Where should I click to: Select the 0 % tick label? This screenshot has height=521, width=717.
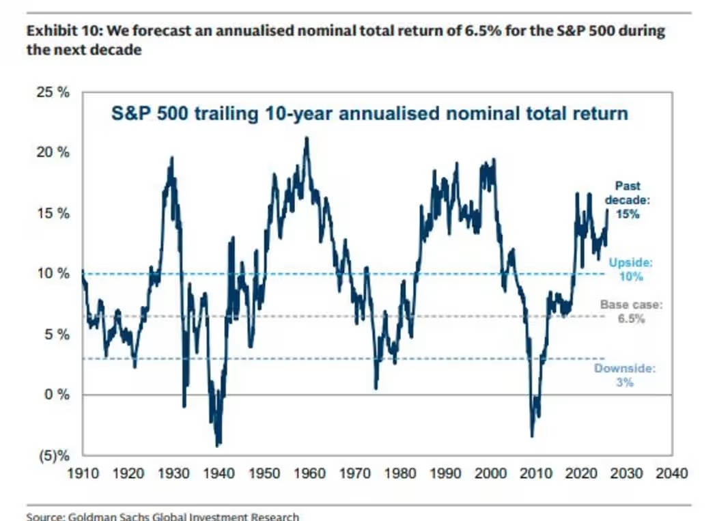tap(55, 395)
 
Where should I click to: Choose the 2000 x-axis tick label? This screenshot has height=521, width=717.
tap(491, 473)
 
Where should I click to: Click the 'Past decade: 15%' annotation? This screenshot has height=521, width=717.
tap(628, 199)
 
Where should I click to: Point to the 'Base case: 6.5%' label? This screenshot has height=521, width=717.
tap(631, 311)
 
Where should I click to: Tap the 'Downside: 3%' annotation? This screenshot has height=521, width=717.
tap(625, 375)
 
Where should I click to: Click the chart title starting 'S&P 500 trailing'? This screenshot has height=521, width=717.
tap(369, 113)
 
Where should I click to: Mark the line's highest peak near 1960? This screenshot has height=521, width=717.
tap(307, 138)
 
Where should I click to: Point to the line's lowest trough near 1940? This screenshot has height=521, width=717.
tap(218, 445)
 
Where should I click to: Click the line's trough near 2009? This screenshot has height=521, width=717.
tap(532, 436)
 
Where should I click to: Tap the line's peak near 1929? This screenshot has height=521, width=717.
tap(171, 158)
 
